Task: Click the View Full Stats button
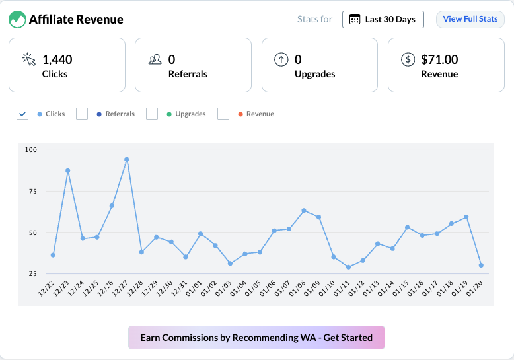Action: pyautogui.click(x=470, y=19)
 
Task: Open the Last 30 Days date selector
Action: pyautogui.click(x=383, y=19)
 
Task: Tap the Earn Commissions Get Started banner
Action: pyautogui.click(x=256, y=338)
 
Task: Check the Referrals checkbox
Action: pyautogui.click(x=82, y=114)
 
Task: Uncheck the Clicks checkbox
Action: pyautogui.click(x=22, y=114)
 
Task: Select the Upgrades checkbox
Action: pyautogui.click(x=152, y=114)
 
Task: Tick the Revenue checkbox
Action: pyautogui.click(x=223, y=114)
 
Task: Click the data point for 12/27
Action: pyautogui.click(x=126, y=159)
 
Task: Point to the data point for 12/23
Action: pyautogui.click(x=67, y=171)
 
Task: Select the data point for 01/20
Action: pyautogui.click(x=481, y=265)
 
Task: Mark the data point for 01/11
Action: pyautogui.click(x=348, y=267)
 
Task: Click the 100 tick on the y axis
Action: pyautogui.click(x=31, y=149)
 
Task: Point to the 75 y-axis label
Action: pyautogui.click(x=31, y=191)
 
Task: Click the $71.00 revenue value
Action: pyautogui.click(x=439, y=59)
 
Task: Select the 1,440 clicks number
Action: pyautogui.click(x=57, y=59)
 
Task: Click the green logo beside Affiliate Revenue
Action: pyautogui.click(x=17, y=20)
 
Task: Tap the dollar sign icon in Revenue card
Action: pyautogui.click(x=408, y=59)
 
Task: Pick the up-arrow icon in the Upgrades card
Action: pyautogui.click(x=281, y=59)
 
